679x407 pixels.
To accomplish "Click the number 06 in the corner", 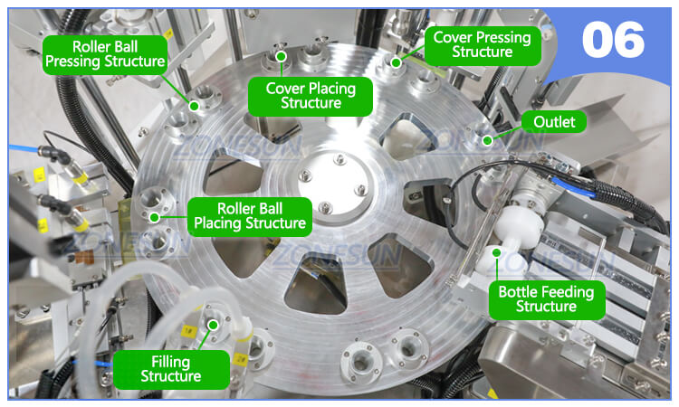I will [x=613, y=41].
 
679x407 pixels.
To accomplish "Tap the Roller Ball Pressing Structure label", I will [x=106, y=52].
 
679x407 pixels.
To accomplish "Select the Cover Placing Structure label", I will [x=310, y=95].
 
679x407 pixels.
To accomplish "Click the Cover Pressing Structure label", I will [x=483, y=44].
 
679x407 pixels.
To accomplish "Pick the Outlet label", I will [x=554, y=122].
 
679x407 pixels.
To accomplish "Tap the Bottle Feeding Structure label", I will [x=546, y=298].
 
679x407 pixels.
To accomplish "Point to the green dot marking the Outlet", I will [x=487, y=139].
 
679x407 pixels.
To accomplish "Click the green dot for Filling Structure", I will [x=213, y=325].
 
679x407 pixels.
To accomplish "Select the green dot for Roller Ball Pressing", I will [x=193, y=105].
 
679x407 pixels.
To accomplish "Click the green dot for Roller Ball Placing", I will [x=155, y=216].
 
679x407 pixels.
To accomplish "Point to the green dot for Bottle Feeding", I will [x=497, y=255].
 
